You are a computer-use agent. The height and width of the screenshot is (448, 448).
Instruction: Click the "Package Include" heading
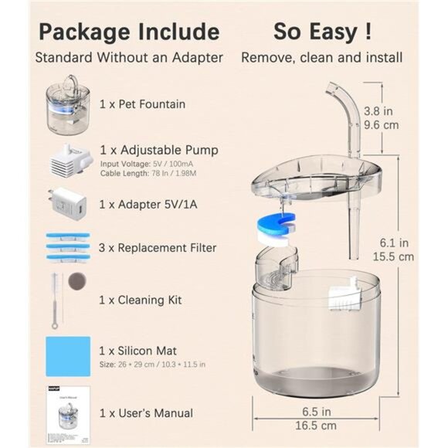[x=128, y=32]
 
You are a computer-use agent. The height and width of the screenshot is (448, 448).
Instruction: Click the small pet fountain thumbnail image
[x=68, y=101]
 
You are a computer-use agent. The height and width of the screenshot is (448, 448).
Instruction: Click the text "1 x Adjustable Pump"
[x=158, y=150]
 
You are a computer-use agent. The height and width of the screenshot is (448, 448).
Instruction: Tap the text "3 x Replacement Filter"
[x=158, y=248]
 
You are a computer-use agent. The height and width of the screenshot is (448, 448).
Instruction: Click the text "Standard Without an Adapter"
[x=128, y=57]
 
